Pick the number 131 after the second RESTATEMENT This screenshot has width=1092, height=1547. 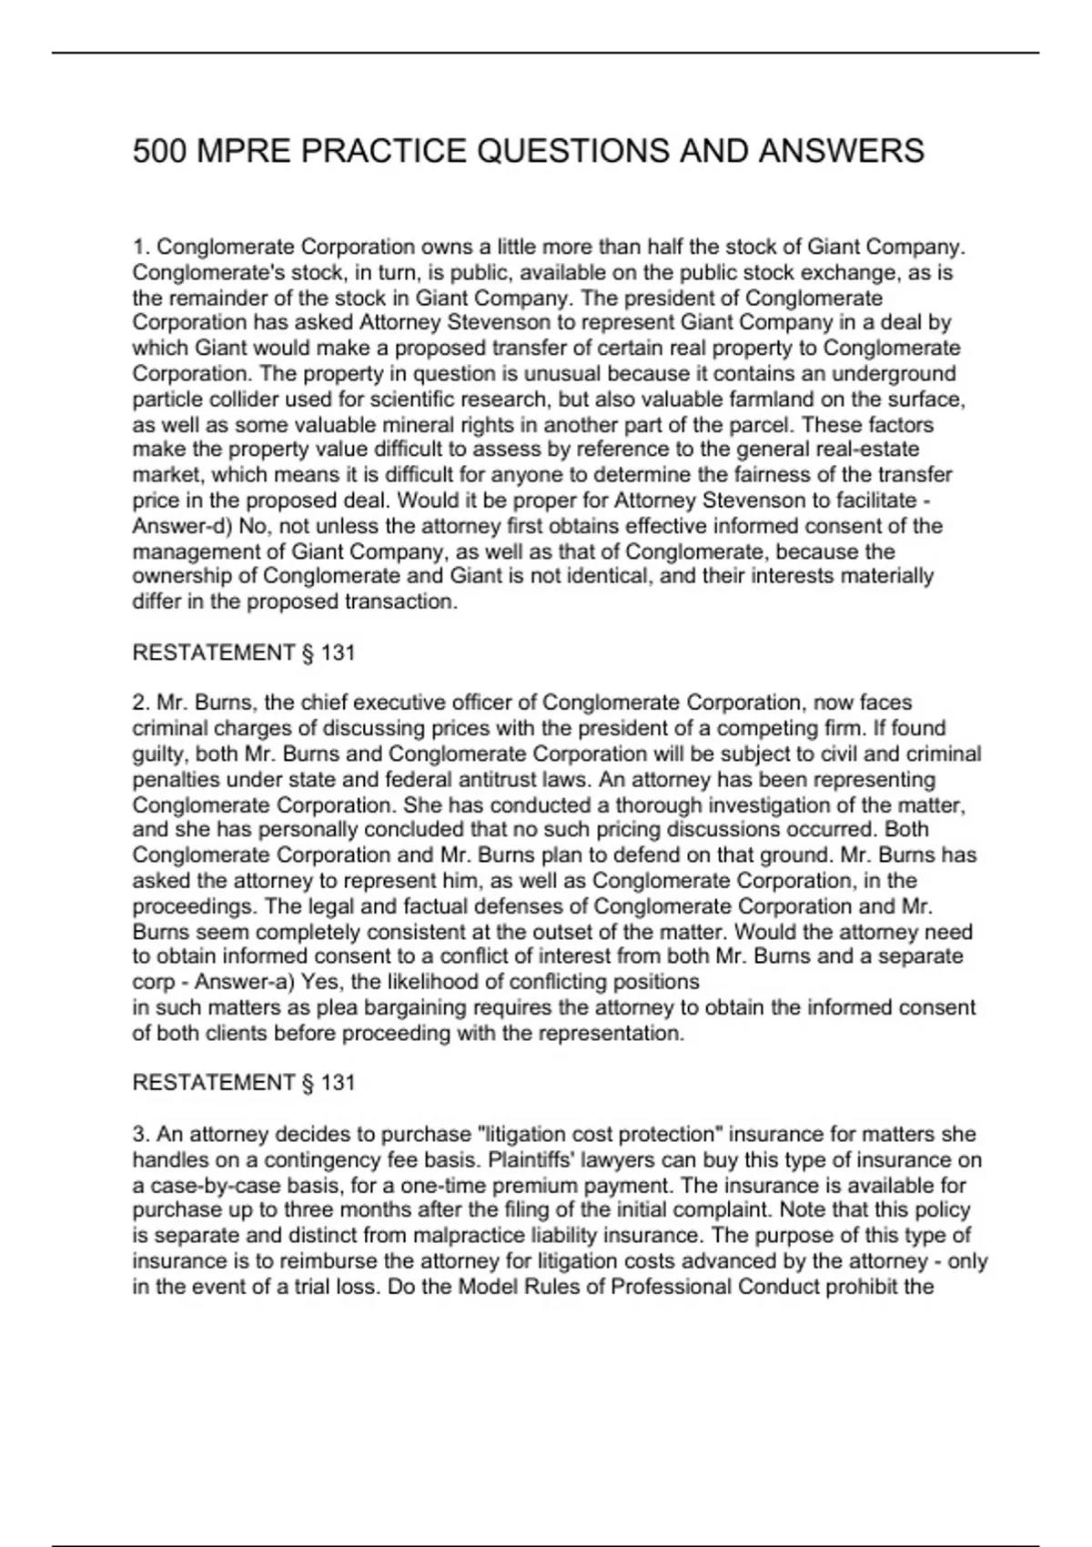click(x=338, y=1082)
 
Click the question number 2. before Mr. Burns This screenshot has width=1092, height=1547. click(x=141, y=703)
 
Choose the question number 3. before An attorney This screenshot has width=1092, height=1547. click(x=141, y=1134)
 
